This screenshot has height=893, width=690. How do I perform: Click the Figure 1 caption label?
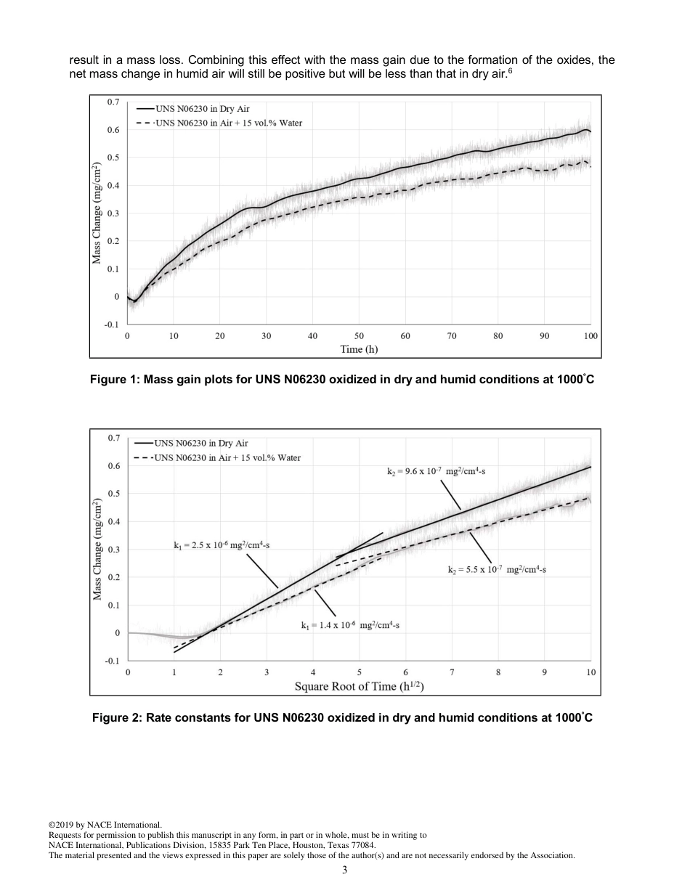click(342, 379)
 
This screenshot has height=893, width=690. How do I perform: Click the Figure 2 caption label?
click(342, 718)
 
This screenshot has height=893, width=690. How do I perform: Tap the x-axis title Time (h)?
click(359, 349)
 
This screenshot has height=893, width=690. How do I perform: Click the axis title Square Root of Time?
click(359, 686)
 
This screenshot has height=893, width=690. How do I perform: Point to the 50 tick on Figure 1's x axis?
click(359, 336)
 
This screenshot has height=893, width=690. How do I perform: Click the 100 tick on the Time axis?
click(590, 336)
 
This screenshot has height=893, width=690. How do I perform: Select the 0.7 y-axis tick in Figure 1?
click(113, 102)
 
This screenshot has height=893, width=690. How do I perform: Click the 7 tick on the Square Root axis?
click(452, 672)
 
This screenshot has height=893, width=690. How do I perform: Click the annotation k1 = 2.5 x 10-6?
click(221, 545)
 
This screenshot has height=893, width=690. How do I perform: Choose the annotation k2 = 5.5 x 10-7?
click(497, 570)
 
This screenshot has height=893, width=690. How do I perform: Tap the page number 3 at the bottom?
click(344, 870)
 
